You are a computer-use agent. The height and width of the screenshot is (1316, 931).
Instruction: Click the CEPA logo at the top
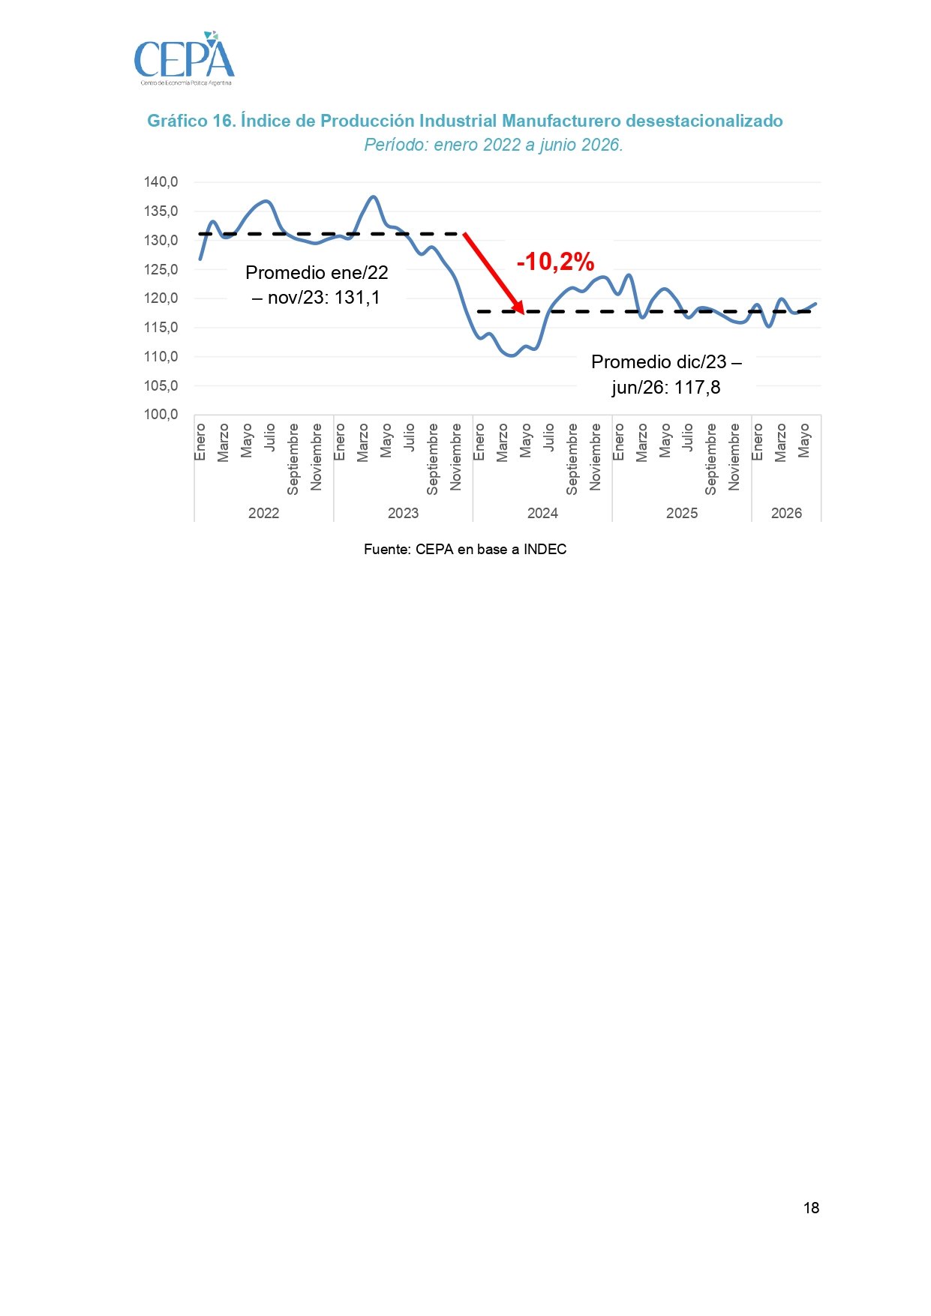tap(185, 58)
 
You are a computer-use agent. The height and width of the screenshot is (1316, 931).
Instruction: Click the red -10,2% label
tap(555, 262)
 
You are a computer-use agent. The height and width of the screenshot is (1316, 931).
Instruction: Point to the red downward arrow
tap(494, 272)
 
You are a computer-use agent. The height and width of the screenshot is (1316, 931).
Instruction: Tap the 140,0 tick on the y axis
tap(161, 182)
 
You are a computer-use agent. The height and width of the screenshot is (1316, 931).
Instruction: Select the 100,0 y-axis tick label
tap(161, 415)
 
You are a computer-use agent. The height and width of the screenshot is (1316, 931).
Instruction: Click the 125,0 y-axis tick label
tap(161, 269)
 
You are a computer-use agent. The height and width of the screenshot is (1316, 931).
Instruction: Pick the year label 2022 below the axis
tap(263, 513)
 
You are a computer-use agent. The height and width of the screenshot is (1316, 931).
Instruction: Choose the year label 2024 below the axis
tap(542, 513)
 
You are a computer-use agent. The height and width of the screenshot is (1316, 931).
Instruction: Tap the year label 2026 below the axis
tap(786, 513)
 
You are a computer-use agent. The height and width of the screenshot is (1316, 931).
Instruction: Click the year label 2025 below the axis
tap(682, 513)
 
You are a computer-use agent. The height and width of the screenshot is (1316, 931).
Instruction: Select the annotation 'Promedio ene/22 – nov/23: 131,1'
tap(317, 285)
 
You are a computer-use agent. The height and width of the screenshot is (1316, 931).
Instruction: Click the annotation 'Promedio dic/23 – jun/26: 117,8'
tap(666, 375)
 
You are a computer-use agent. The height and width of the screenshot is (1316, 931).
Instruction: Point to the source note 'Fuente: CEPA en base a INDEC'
tap(465, 550)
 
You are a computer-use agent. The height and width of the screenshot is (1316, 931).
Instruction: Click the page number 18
tap(811, 1208)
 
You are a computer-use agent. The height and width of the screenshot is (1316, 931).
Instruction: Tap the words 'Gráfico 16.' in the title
tap(191, 121)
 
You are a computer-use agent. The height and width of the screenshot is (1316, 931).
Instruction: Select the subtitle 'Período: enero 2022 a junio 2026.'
tap(494, 145)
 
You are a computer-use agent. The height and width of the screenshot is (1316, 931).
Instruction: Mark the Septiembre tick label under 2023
tap(433, 459)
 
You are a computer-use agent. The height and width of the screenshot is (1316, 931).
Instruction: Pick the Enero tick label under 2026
tap(758, 442)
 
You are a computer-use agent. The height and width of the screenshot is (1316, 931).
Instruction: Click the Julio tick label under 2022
tap(270, 437)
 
